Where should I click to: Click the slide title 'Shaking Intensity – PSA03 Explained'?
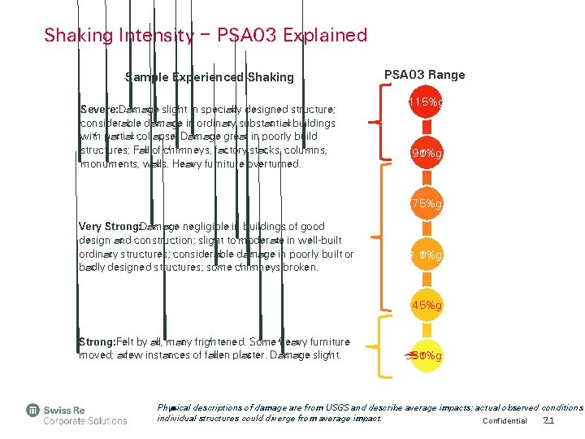pyautogui.click(x=206, y=35)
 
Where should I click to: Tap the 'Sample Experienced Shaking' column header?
pyautogui.click(x=209, y=77)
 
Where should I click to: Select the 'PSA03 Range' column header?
pyautogui.click(x=424, y=75)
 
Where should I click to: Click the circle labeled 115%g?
pyautogui.click(x=424, y=103)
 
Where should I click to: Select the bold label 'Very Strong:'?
pyautogui.click(x=108, y=227)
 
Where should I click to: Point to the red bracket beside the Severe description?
pyautogui.click(x=379, y=122)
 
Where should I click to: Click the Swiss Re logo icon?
pyautogui.click(x=33, y=410)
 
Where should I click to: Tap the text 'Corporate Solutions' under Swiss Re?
pyautogui.click(x=85, y=420)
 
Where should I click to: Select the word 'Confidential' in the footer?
pyautogui.click(x=505, y=421)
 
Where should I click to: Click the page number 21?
pyautogui.click(x=548, y=420)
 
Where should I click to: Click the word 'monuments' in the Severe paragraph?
pyautogui.click(x=108, y=164)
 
